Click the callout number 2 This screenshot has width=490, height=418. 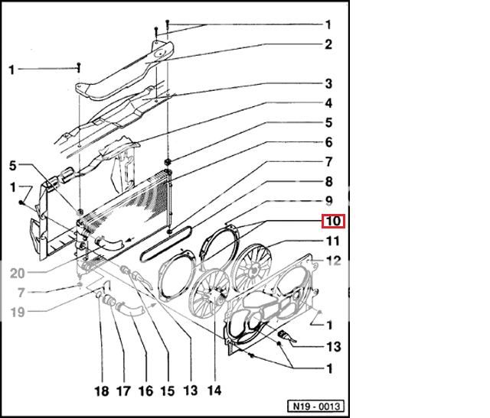pos(328,44)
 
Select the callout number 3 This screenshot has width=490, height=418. pos(328,83)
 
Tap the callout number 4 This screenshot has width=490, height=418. pos(328,103)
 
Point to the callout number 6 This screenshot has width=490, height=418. pos(328,142)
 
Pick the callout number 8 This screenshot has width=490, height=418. pos(328,182)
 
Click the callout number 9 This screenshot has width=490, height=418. pos(328,202)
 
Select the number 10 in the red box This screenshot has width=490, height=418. pos(333,222)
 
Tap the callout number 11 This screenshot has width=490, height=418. pos(333,241)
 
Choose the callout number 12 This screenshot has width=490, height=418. pos(333,261)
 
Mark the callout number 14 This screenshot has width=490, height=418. pos(214,390)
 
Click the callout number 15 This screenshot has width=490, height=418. pos(168,390)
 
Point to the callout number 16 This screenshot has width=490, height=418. pos(145,390)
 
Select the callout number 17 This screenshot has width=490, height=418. pos(123,390)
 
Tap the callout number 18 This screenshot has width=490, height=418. pos(101,390)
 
